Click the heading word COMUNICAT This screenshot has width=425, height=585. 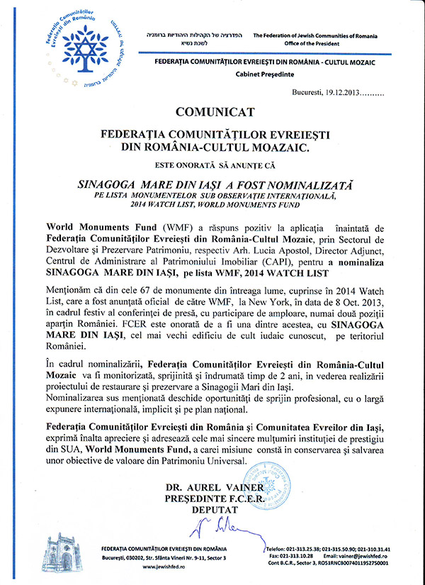coord(212,113)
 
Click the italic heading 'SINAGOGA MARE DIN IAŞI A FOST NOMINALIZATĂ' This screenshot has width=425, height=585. coord(212,182)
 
